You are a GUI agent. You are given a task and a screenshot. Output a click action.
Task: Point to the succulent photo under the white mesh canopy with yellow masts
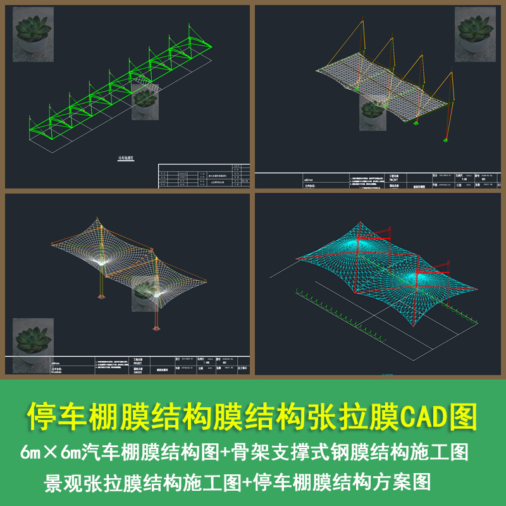pyautogui.click(x=373, y=113)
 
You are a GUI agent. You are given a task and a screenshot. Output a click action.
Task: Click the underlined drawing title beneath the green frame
pyautogui.click(x=126, y=159)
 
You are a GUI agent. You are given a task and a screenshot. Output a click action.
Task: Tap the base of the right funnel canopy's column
pyautogui.click(x=156, y=329)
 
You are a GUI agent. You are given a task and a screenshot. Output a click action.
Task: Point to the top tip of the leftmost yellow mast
pyautogui.click(x=363, y=22)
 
